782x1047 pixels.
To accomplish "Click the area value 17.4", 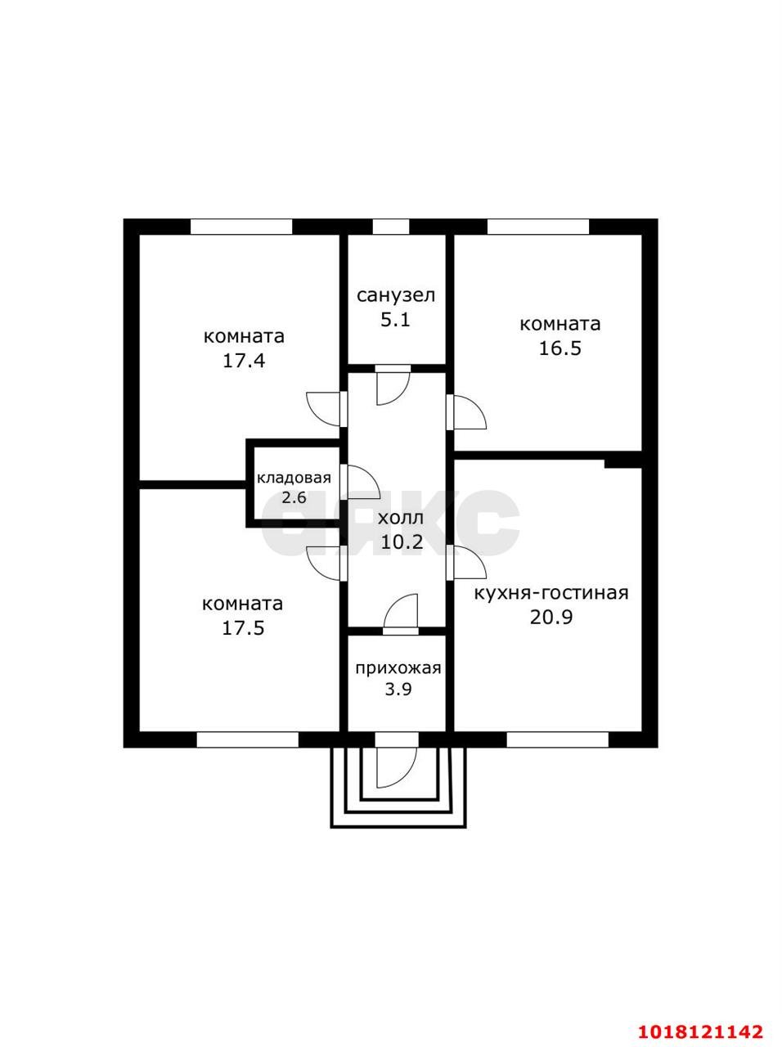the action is pyautogui.click(x=244, y=361).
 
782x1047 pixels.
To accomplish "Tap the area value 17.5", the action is pyautogui.click(x=243, y=627).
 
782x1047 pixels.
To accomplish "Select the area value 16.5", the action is pyautogui.click(x=560, y=348).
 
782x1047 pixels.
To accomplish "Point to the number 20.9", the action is pyautogui.click(x=551, y=618).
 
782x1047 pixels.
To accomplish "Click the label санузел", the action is pyautogui.click(x=396, y=295).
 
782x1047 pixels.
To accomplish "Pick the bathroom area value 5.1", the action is pyautogui.click(x=396, y=319).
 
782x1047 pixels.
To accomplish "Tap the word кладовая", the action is pyautogui.click(x=294, y=478).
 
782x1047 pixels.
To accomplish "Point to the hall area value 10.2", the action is pyautogui.click(x=402, y=541).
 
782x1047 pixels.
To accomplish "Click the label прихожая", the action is pyautogui.click(x=398, y=667).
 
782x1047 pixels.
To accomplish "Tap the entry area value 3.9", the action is pyautogui.click(x=398, y=690).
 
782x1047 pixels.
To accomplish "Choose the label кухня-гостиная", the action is pyautogui.click(x=551, y=593).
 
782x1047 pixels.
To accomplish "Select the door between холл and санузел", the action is pyautogui.click(x=393, y=385).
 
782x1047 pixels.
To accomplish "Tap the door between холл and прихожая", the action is pyautogui.click(x=401, y=614).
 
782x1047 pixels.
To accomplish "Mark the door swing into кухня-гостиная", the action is pyautogui.click(x=467, y=563).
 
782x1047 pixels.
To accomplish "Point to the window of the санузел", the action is pyautogui.click(x=390, y=227).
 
